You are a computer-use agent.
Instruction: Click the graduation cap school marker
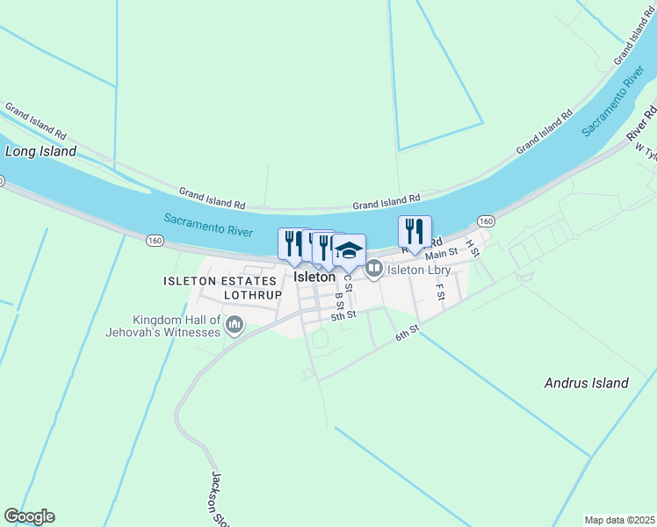click(x=349, y=250)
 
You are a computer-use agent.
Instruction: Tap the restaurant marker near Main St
click(x=415, y=232)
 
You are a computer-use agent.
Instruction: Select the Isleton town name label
click(x=314, y=277)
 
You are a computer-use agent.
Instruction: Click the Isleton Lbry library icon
click(x=373, y=269)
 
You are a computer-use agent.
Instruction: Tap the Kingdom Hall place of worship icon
click(x=234, y=327)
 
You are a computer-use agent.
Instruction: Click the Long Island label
click(x=41, y=151)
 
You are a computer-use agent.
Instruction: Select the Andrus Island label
click(x=587, y=383)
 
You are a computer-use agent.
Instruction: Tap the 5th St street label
click(x=343, y=314)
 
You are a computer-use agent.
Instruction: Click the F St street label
click(x=440, y=290)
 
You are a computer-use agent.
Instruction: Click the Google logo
click(x=29, y=516)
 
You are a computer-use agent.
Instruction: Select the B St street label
click(x=337, y=301)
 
